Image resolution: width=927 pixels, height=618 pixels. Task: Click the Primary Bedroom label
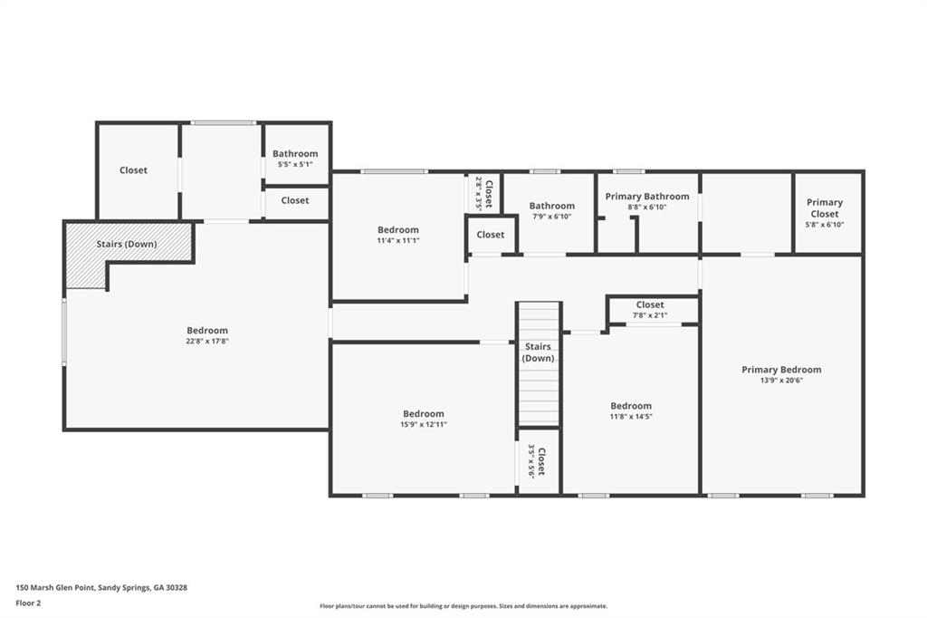781,370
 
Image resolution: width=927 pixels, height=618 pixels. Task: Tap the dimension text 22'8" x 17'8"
207,342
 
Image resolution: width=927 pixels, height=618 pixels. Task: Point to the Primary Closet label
825,208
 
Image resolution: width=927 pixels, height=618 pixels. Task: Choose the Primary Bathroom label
646,197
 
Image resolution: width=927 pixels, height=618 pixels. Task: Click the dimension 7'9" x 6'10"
551,217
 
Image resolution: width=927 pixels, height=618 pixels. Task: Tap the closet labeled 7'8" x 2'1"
650,310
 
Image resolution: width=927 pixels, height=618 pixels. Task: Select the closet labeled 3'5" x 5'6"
537,460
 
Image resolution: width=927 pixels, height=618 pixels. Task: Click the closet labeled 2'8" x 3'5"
483,193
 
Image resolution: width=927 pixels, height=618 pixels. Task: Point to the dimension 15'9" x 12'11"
424,424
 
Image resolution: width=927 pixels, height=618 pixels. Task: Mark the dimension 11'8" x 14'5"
630,417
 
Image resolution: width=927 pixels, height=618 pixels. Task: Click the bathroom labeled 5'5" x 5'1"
295,159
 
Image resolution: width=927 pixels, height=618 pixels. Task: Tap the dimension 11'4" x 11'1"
398,241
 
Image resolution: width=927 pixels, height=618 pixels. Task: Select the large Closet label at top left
133,170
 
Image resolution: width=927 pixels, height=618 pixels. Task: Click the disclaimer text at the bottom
463,606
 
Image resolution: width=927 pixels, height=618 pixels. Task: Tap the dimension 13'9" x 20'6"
781,381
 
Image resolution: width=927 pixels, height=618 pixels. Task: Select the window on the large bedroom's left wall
63,333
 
